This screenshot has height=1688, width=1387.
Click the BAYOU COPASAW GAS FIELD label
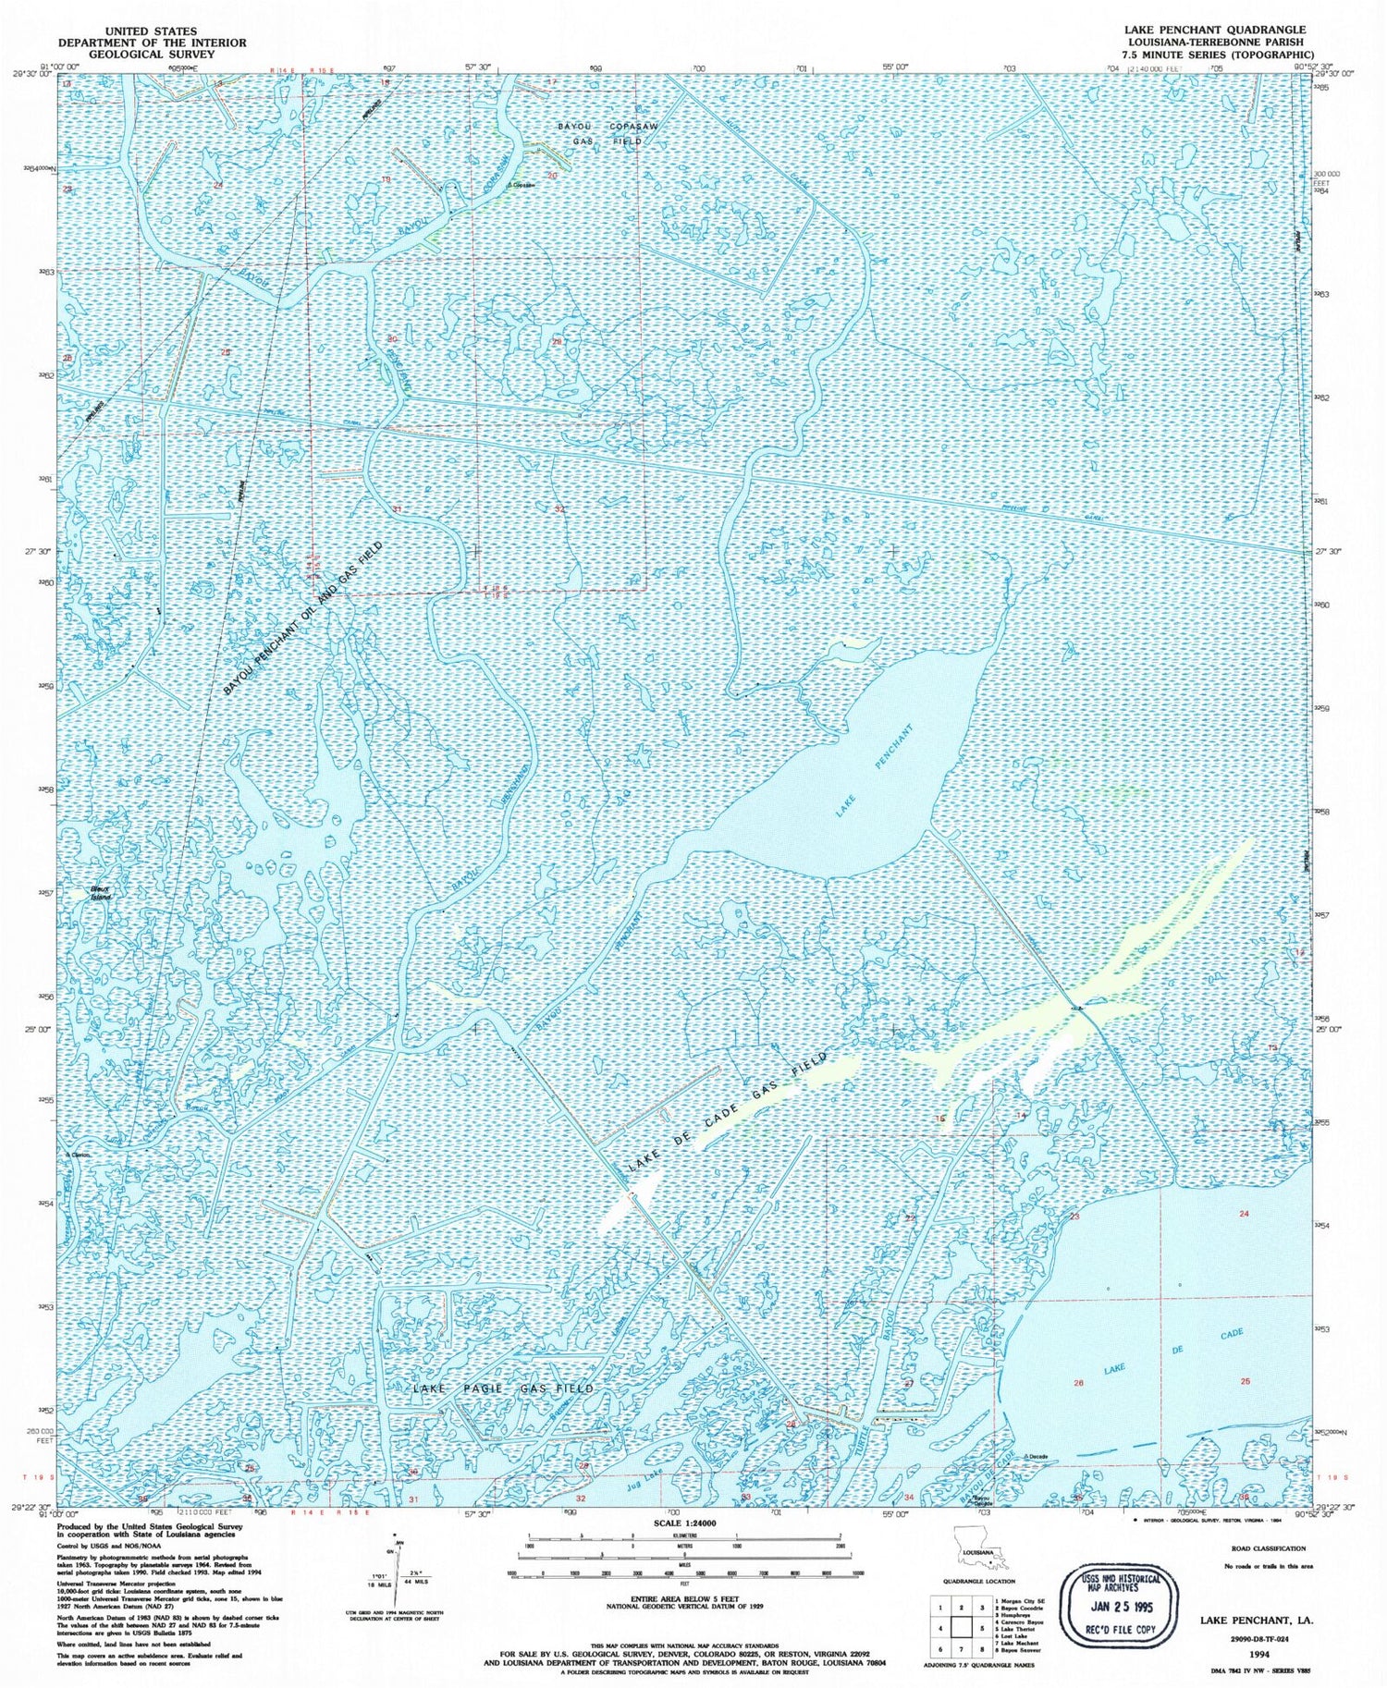tap(598, 133)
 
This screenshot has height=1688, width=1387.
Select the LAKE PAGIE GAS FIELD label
tap(503, 1388)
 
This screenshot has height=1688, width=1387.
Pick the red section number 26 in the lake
tap(1078, 1383)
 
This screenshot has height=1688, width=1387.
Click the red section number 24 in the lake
tap(1244, 1213)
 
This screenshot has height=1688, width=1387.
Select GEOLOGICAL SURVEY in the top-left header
tap(138, 55)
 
